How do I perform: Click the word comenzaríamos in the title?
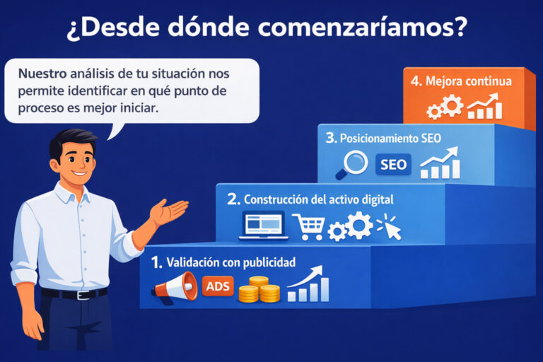coord(362,27)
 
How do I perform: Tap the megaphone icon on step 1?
coord(175,288)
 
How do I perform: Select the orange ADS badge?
coord(218,286)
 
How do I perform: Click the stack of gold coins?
coord(259,290)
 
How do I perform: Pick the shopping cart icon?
coord(308,226)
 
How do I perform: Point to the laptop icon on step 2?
coord(264,225)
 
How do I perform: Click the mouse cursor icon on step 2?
coord(389,227)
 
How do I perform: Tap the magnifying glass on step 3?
coord(352,165)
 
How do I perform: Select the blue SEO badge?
coord(393,165)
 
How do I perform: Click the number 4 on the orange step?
coord(416,81)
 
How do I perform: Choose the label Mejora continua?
coord(469,81)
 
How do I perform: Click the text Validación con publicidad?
coord(231,262)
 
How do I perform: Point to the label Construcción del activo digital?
coord(319,199)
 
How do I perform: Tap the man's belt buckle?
coord(83,295)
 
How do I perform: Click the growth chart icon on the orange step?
coord(485,106)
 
